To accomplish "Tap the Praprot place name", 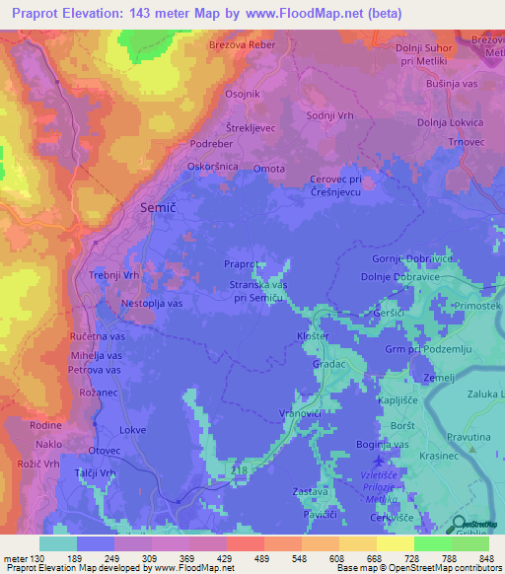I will click(241, 264).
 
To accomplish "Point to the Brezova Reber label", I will click(241, 45).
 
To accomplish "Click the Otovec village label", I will click(104, 451).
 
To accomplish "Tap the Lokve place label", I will click(132, 430).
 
